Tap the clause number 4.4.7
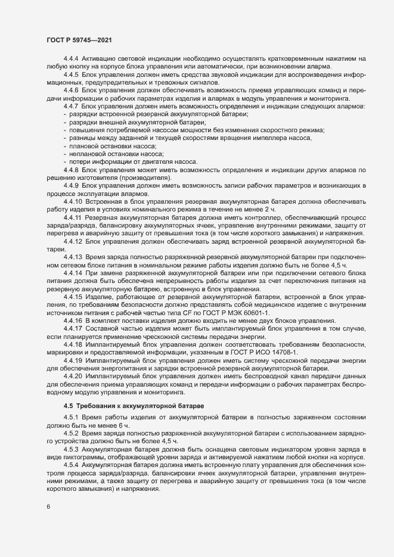72,106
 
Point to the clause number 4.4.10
73,203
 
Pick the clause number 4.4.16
73,320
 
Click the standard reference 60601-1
255,312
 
